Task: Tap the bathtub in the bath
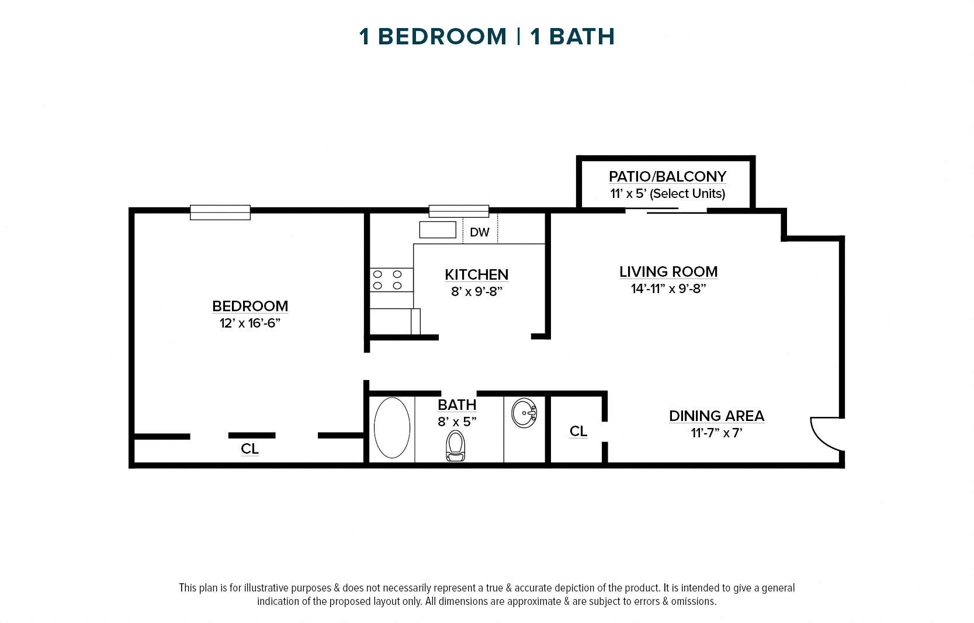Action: tap(392, 427)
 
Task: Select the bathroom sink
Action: tap(524, 413)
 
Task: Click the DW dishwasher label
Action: tap(480, 232)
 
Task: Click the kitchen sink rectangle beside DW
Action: tap(437, 230)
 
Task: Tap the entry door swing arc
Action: tap(826, 434)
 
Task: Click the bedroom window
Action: tap(220, 212)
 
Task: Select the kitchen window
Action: tap(459, 211)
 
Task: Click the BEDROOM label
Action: tap(250, 306)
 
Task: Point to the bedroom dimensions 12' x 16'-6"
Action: tap(250, 323)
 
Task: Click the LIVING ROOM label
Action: tap(668, 272)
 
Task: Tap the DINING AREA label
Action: tap(716, 416)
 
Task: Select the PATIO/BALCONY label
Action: tap(667, 176)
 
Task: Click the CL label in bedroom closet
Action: tap(249, 448)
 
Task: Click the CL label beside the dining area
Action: tap(578, 431)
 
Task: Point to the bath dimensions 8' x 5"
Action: tap(457, 422)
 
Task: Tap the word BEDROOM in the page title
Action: tap(442, 37)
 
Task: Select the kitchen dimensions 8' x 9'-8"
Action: tap(476, 291)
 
